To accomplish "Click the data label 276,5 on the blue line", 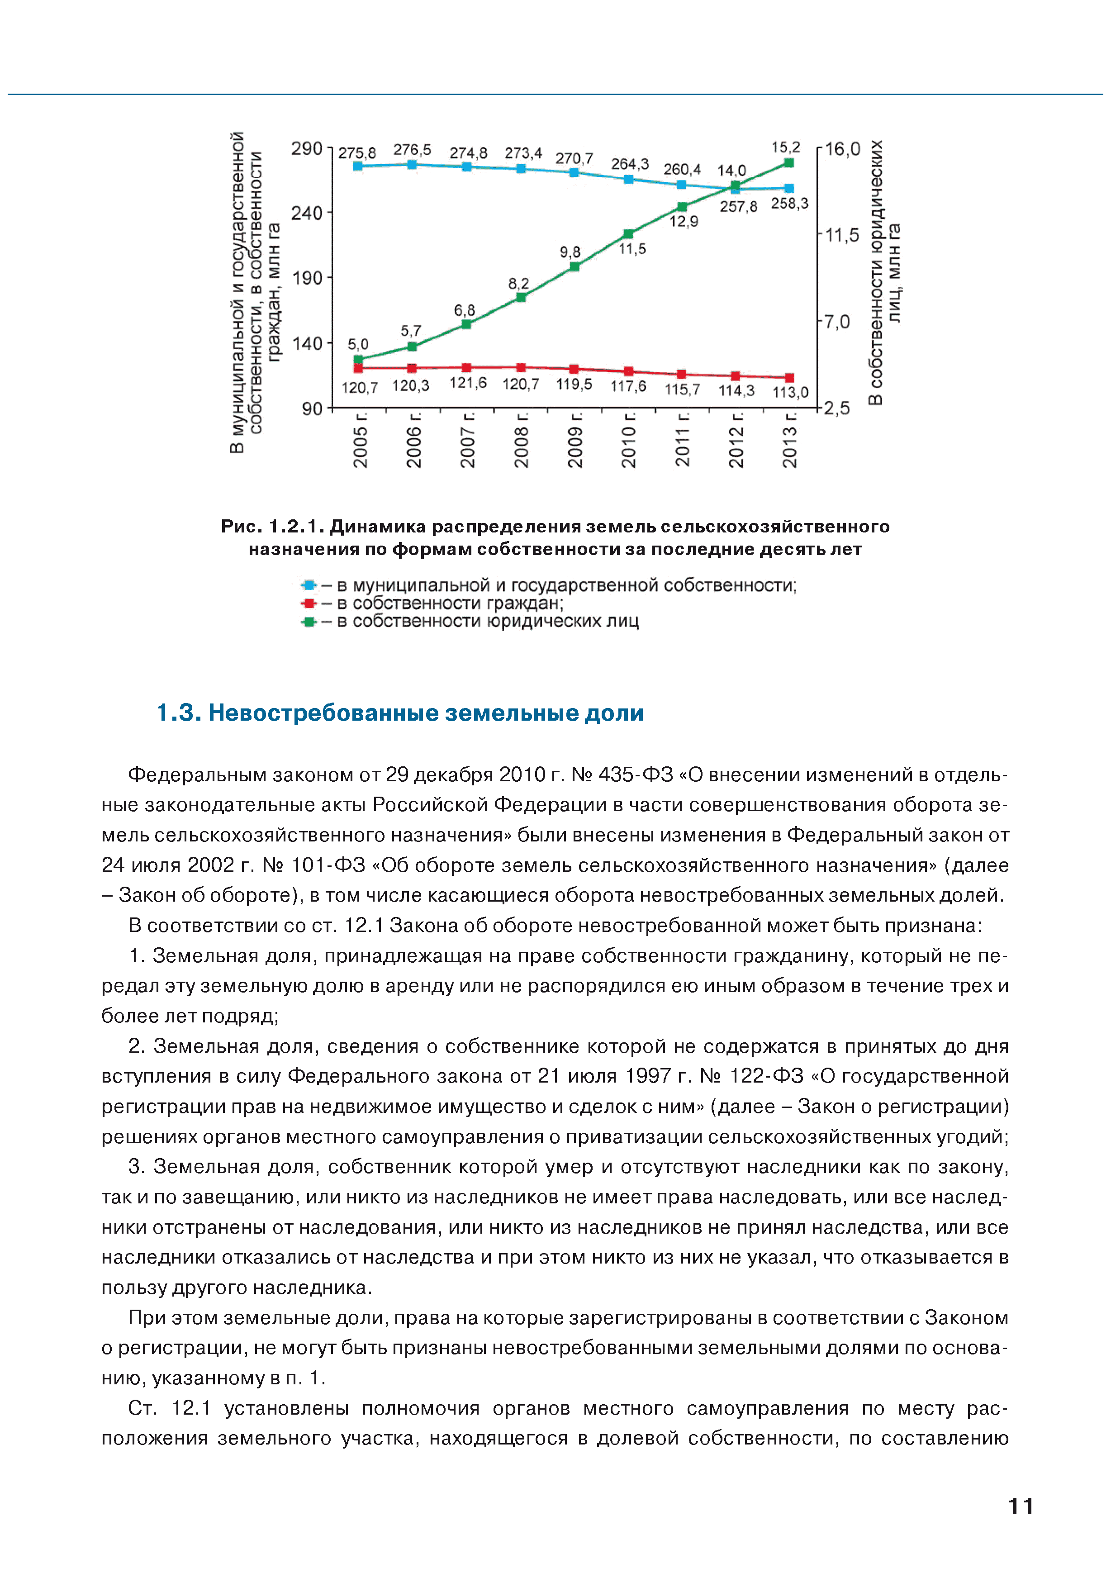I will pyautogui.click(x=412, y=150).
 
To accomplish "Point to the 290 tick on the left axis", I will pyautogui.click(x=307, y=148).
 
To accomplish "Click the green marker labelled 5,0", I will pyautogui.click(x=358, y=359).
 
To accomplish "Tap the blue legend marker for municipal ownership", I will pyautogui.click(x=309, y=585).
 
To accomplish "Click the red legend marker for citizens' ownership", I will pyautogui.click(x=309, y=603).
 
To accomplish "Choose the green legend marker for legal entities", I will pyautogui.click(x=309, y=622).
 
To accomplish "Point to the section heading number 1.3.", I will pyautogui.click(x=178, y=713).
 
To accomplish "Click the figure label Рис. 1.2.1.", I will pyautogui.click(x=272, y=527).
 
